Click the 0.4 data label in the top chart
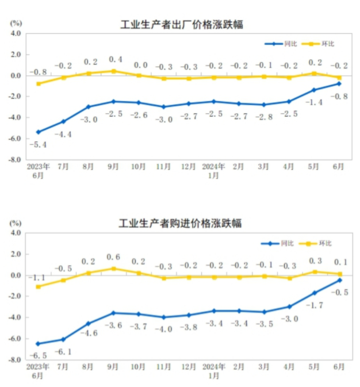tap(116, 59)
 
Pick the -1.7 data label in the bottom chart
tap(314, 305)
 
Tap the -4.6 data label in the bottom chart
tap(88, 333)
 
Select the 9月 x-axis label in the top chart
tap(113, 166)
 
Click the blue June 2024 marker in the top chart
tap(339, 84)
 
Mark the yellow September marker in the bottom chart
tap(113, 269)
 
